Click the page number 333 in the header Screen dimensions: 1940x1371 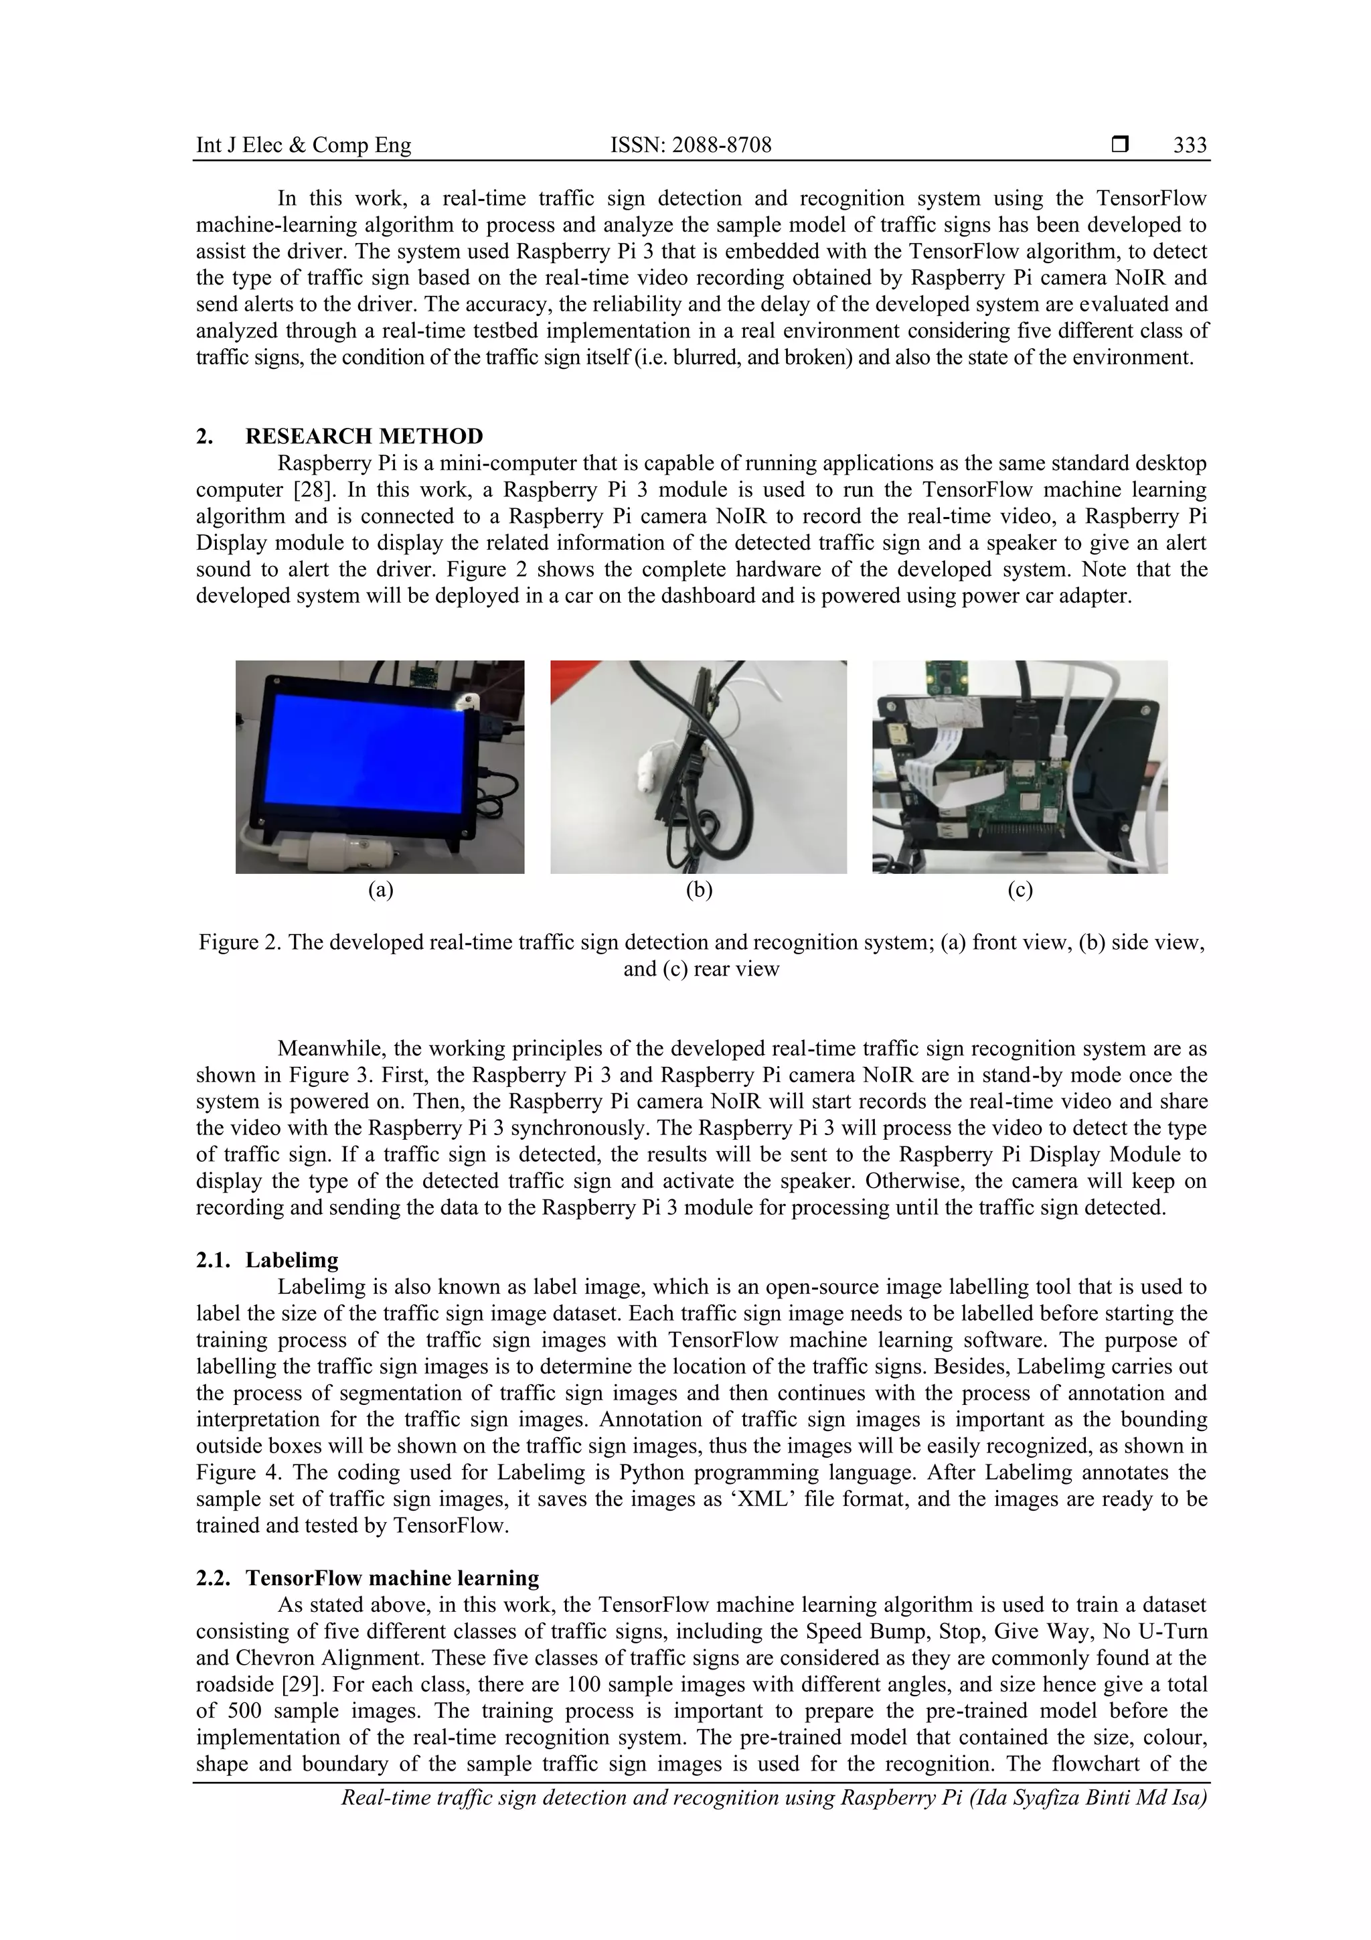tap(1190, 145)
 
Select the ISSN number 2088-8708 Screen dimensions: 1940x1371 tap(690, 145)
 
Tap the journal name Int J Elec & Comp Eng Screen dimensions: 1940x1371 tap(303, 145)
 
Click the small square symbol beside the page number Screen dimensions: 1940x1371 tap(1119, 145)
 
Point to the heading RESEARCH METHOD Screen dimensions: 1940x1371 tap(364, 436)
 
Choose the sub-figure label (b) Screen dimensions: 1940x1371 tap(699, 890)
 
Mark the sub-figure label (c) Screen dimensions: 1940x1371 tap(1020, 890)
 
